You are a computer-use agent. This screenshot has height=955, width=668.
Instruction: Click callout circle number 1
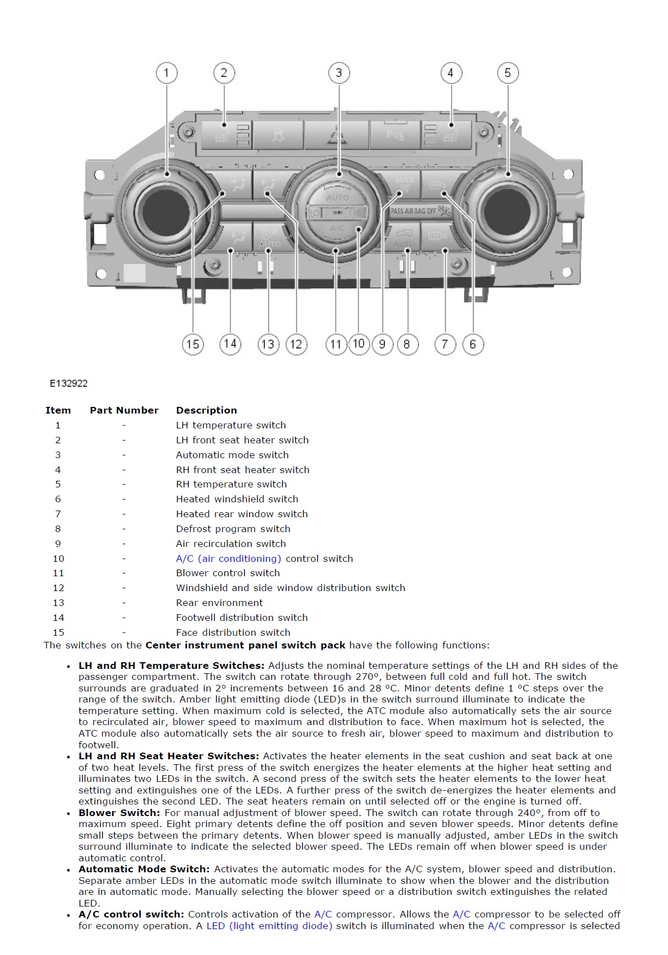pyautogui.click(x=167, y=73)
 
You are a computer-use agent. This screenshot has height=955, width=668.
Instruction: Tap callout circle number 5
pyautogui.click(x=507, y=73)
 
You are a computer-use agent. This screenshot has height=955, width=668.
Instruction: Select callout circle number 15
pyautogui.click(x=193, y=345)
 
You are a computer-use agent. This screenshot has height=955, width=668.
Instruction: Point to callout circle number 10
pyautogui.click(x=359, y=344)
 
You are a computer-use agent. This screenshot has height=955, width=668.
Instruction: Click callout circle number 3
pyautogui.click(x=339, y=73)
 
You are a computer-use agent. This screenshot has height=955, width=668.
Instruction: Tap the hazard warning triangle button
pyautogui.click(x=336, y=136)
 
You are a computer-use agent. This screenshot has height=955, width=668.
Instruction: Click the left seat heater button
pyautogui.click(x=226, y=135)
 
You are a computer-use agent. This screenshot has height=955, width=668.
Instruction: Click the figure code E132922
pyautogui.click(x=68, y=383)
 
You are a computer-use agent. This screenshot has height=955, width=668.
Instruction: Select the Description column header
pyautogui.click(x=206, y=410)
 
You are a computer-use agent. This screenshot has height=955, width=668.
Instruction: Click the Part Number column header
pyautogui.click(x=124, y=410)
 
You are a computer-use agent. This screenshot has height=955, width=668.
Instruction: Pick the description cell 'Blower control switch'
pyautogui.click(x=228, y=573)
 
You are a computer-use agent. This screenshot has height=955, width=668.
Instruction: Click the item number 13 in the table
pyautogui.click(x=58, y=603)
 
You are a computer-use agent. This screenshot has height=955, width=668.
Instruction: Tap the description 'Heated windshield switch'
pyautogui.click(x=237, y=499)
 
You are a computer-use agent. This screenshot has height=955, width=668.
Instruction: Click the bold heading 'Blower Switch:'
pyautogui.click(x=119, y=813)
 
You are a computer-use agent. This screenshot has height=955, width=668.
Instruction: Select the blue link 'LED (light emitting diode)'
pyautogui.click(x=269, y=926)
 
